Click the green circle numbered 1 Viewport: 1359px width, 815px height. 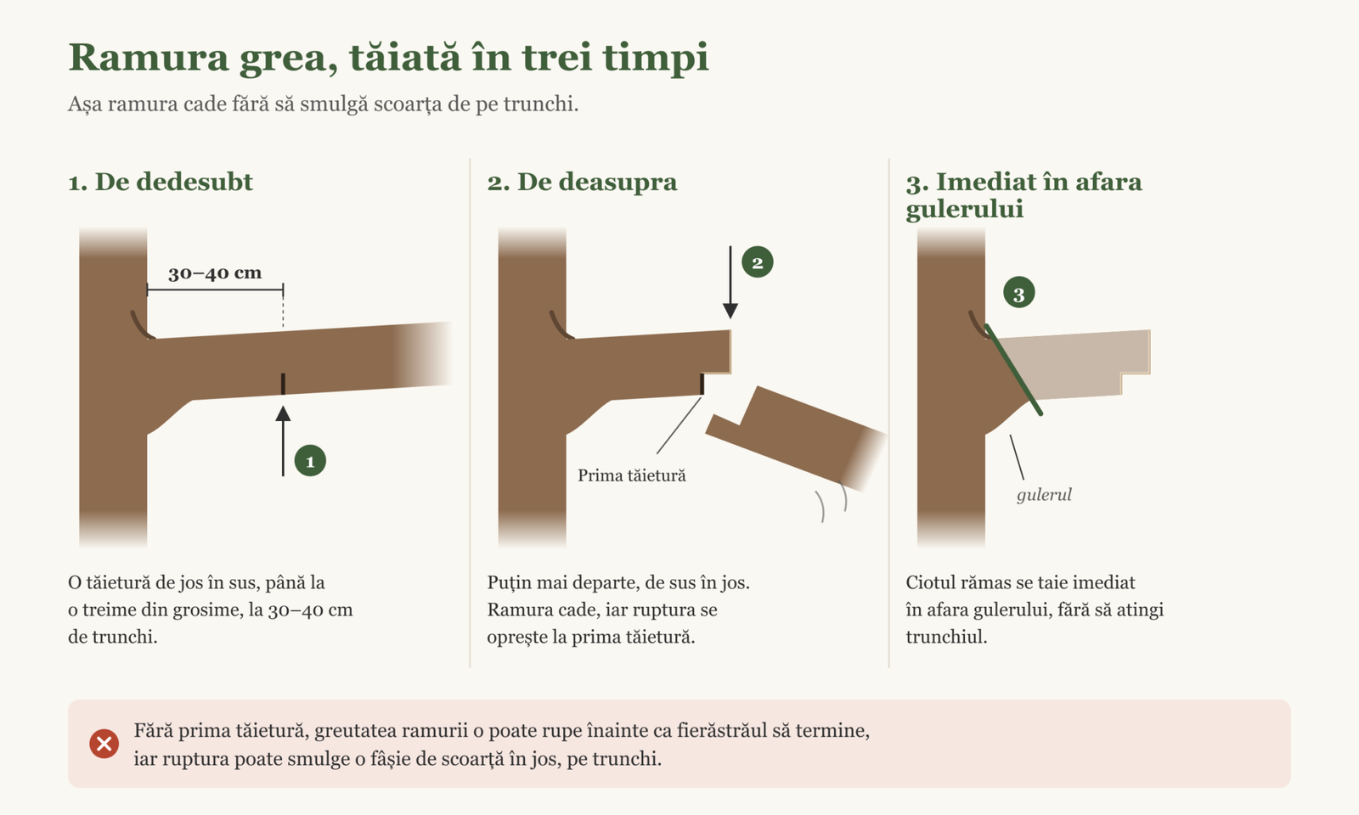310,461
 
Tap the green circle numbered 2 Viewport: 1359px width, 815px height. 757,262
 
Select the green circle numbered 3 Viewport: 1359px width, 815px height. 1018,293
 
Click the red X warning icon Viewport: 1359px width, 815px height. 104,744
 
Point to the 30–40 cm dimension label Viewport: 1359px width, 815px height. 215,273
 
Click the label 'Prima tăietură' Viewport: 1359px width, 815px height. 632,475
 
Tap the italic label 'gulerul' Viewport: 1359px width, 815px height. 1044,495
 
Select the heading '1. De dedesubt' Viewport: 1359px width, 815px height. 161,182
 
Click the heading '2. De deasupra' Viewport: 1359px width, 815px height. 582,182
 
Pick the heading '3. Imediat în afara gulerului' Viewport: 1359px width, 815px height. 1023,195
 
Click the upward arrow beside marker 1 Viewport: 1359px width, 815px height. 283,441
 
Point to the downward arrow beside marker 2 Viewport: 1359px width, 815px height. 730,283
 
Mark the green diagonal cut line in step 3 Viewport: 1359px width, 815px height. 1014,370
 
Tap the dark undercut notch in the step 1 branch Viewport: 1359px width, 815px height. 283,384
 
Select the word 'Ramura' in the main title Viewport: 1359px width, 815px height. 149,58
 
